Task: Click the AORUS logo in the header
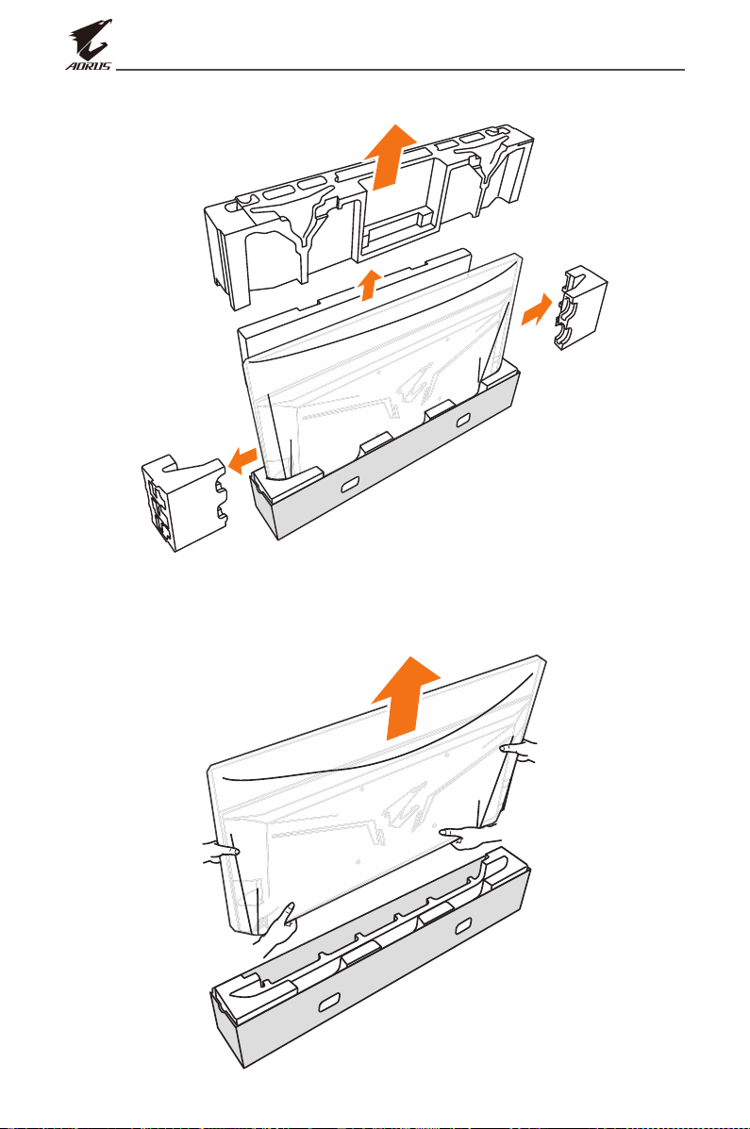pos(90,44)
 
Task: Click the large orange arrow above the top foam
pos(390,157)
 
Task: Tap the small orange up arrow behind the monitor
pos(370,284)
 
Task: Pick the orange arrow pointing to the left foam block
pos(242,457)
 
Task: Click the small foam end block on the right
pos(580,307)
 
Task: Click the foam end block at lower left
pos(185,502)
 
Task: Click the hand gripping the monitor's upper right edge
pos(519,751)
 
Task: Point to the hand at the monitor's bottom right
pos(471,838)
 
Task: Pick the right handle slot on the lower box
pos(463,923)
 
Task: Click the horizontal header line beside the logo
pos(400,70)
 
